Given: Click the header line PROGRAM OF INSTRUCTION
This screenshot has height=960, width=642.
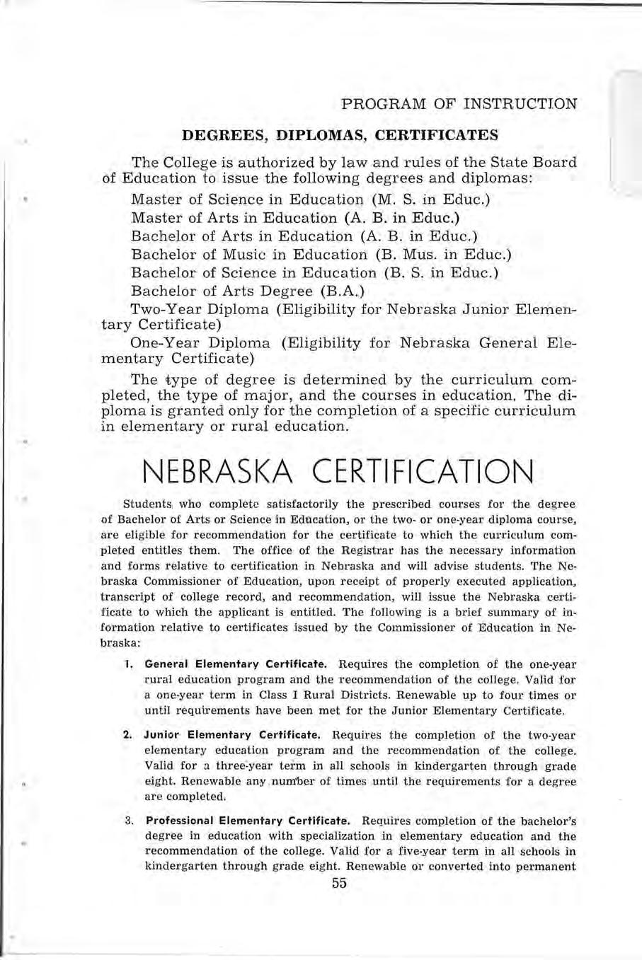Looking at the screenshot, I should [x=459, y=104].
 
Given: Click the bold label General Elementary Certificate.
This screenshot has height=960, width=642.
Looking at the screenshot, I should [x=236, y=664].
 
